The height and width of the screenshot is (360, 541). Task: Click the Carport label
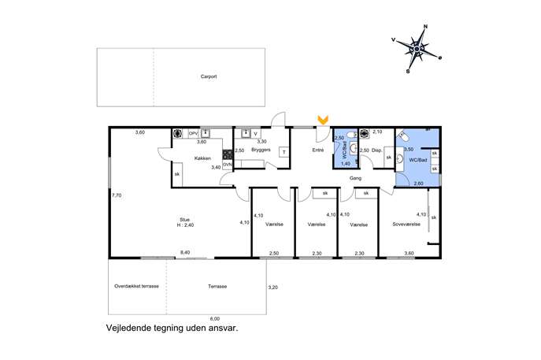(x=209, y=76)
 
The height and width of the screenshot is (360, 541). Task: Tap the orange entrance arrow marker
(x=323, y=120)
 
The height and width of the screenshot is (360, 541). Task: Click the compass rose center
(x=417, y=50)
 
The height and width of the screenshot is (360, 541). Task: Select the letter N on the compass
(x=425, y=27)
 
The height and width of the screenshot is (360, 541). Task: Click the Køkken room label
(x=202, y=158)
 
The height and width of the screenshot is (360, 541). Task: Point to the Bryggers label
(x=261, y=150)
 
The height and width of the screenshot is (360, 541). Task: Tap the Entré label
(x=318, y=150)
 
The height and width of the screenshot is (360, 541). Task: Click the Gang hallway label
(x=355, y=178)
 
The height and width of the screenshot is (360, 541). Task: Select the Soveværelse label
(x=406, y=224)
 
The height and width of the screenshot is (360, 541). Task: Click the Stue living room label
(x=184, y=220)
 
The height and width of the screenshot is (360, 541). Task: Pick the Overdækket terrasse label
(x=137, y=286)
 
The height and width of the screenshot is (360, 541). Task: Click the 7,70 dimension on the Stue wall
(x=117, y=195)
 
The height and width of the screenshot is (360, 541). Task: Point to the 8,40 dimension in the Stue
(x=185, y=252)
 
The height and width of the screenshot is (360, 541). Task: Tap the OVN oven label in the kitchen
(x=228, y=165)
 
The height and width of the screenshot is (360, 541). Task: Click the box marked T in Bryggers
(x=284, y=152)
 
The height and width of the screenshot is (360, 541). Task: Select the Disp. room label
(x=376, y=150)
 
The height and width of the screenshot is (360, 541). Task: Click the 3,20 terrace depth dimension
(x=272, y=288)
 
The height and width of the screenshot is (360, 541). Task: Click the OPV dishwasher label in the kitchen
(x=193, y=133)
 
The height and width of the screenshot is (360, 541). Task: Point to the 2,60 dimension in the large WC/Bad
(x=418, y=184)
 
